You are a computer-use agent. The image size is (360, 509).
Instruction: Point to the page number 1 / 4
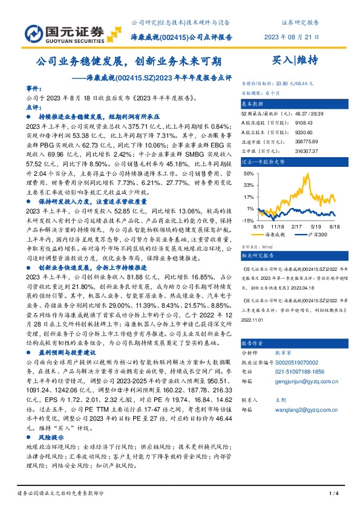pos(332,494)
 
